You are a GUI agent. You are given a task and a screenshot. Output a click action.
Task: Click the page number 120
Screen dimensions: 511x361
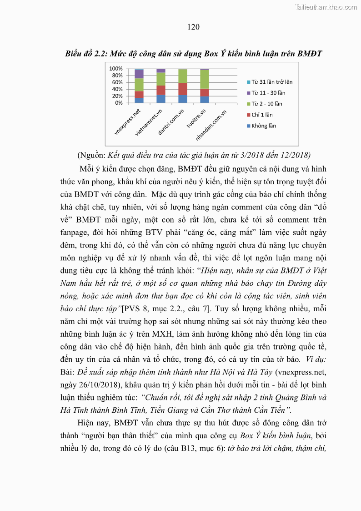point(193,27)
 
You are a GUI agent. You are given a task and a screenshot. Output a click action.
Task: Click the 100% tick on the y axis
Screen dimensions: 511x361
point(115,68)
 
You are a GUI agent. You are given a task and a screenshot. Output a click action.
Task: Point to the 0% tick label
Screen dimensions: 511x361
point(119,102)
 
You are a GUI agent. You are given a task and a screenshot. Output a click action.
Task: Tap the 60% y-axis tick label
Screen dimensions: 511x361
point(117,82)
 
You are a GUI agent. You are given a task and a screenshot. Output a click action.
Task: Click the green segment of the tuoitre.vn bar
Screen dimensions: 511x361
point(205,79)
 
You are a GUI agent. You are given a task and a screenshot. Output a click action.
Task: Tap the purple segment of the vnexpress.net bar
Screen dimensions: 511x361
point(139,74)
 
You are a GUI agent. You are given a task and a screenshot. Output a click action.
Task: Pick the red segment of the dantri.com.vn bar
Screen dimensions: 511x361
point(183,89)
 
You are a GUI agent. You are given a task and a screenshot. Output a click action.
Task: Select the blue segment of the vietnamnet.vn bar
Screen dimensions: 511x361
point(161,99)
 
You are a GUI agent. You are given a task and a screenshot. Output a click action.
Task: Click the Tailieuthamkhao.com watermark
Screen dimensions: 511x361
point(326,7)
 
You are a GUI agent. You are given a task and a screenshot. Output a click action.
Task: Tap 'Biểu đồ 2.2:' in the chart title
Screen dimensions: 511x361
point(86,54)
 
